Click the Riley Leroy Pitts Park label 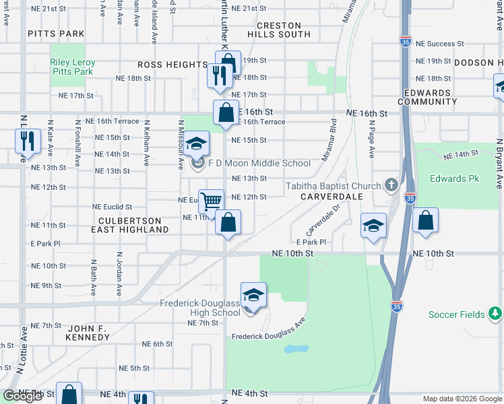pyautogui.click(x=73, y=66)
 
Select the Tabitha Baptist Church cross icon pyautogui.click(x=390, y=184)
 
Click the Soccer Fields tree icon pyautogui.click(x=495, y=314)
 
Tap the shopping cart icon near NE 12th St pyautogui.click(x=212, y=201)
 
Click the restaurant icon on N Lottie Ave pyautogui.click(x=24, y=141)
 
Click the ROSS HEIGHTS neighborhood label pyautogui.click(x=172, y=65)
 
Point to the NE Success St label pyautogui.click(x=440, y=44)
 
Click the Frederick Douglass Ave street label pyautogui.click(x=268, y=335)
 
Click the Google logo pyautogui.click(x=22, y=396)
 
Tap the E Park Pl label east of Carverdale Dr pyautogui.click(x=311, y=242)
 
